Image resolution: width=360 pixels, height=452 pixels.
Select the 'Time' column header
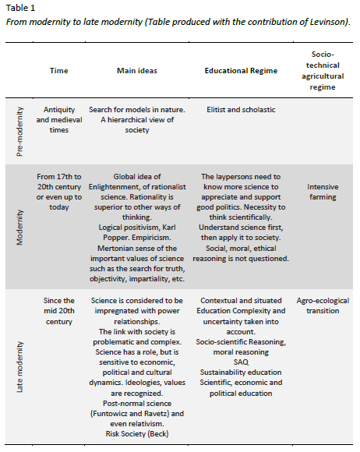[x=58, y=70]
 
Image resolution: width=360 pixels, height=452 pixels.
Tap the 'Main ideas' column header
[x=136, y=70]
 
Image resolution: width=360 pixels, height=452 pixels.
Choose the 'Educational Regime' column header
[x=241, y=70]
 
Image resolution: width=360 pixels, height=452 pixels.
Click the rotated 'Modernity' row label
[x=21, y=227]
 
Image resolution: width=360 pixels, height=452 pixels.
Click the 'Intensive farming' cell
[x=322, y=192]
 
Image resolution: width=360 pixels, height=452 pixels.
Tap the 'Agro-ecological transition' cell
[x=323, y=305]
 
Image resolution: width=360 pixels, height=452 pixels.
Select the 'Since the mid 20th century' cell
[x=58, y=310]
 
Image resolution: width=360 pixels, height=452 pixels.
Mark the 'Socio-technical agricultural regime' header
[x=322, y=70]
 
